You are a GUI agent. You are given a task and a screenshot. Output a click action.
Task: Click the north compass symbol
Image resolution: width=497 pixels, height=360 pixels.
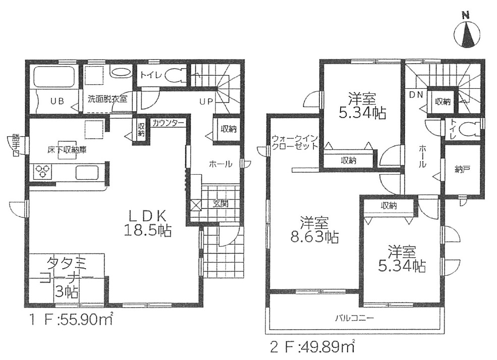(467, 33)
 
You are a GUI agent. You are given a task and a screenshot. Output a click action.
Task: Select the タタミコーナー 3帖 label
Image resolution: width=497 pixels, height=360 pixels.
(67, 277)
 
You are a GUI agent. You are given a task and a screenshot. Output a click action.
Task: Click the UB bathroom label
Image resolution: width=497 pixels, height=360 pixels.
(58, 101)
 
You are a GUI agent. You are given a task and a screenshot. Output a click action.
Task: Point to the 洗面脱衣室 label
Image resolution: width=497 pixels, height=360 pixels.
(107, 98)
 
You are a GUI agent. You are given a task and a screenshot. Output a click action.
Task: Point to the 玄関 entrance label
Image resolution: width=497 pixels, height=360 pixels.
(220, 203)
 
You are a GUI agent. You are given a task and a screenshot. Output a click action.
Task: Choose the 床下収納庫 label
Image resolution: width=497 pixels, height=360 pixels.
(67, 150)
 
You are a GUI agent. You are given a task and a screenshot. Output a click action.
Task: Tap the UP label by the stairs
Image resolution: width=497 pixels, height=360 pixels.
(206, 102)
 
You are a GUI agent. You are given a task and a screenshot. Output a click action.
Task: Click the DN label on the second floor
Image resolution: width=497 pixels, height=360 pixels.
(416, 94)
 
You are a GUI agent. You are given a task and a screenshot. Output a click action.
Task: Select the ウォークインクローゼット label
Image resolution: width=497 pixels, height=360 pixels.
(295, 142)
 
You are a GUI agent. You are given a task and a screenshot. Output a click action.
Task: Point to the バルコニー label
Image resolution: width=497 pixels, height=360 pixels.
(355, 318)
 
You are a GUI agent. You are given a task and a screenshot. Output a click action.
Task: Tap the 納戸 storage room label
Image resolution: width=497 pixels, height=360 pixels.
(462, 170)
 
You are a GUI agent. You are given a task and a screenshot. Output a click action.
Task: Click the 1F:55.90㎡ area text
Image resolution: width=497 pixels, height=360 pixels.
(71, 320)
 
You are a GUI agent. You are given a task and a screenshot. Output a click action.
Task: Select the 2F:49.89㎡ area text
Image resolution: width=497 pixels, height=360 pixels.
(312, 347)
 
